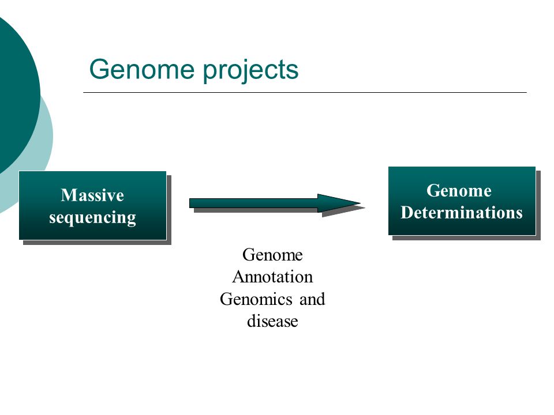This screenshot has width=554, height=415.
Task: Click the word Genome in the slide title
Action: coord(142,69)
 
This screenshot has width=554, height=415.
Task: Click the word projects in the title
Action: coord(250,70)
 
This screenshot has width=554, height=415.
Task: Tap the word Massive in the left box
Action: coord(92,195)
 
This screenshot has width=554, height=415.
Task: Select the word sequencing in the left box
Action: coord(92,218)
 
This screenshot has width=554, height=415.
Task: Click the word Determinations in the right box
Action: coord(462,213)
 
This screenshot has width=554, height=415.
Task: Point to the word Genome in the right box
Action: coord(459,191)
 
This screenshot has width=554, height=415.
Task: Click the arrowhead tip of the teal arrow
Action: coord(360,203)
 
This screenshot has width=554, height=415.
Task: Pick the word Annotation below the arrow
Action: coord(272,277)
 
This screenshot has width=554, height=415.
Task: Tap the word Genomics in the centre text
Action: coord(256,299)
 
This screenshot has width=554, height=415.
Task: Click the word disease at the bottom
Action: coord(272,322)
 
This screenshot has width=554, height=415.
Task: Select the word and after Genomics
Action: coord(312,299)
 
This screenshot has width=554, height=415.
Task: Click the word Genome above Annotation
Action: coord(272,255)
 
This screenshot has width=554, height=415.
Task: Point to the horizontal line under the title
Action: coord(305,92)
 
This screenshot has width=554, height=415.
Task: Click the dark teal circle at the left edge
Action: coord(16,92)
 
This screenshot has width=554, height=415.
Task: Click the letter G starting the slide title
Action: coord(100,69)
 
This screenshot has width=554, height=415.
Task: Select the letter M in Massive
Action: coord(68,195)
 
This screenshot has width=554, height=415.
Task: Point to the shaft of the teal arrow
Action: coord(253,203)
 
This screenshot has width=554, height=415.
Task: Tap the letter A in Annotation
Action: coord(238,277)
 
